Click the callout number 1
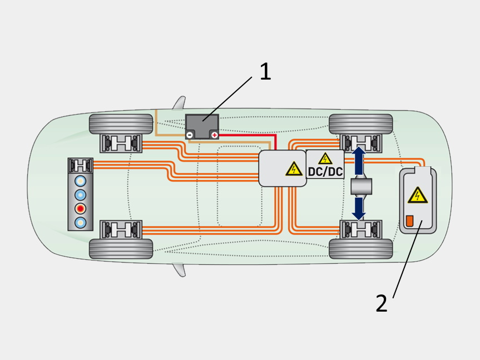(x=265, y=72)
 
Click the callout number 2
(x=381, y=304)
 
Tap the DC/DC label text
(x=325, y=172)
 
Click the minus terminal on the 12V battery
(x=190, y=135)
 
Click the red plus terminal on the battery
(x=214, y=135)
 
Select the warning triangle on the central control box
(x=293, y=169)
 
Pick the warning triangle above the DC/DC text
(x=325, y=159)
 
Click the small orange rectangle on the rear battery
(x=410, y=221)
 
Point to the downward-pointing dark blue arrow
(x=359, y=207)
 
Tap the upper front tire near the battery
(x=121, y=124)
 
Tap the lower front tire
(x=121, y=248)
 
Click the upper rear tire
(x=360, y=124)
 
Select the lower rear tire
(x=360, y=248)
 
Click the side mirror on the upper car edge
(x=179, y=104)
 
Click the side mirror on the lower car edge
(x=179, y=269)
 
